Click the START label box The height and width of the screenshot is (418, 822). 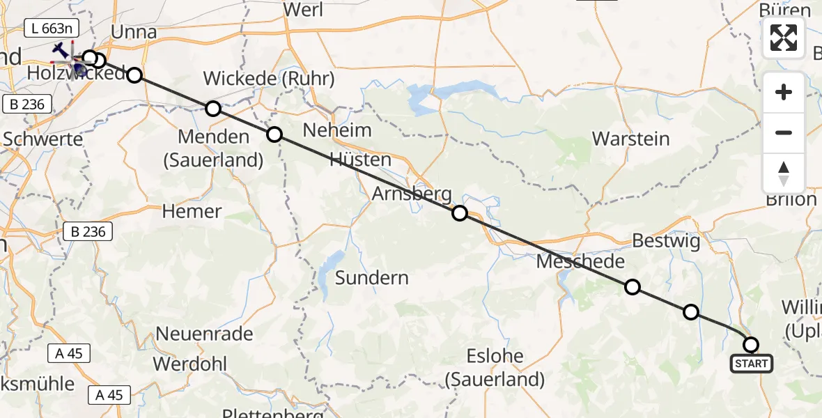coord(751,363)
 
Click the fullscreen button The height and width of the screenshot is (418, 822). coord(784,38)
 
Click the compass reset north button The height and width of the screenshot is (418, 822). coord(784,173)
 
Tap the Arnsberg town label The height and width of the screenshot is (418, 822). coord(411,194)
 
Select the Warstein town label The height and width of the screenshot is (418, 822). coord(630,138)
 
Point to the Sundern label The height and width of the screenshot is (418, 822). coord(371,277)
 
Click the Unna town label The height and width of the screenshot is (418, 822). coord(134,32)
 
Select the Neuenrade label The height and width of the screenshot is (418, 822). coord(204,333)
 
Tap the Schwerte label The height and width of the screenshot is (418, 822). coord(42,138)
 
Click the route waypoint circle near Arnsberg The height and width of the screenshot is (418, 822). coord(460,213)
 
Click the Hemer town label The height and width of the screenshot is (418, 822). coord(192,210)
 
